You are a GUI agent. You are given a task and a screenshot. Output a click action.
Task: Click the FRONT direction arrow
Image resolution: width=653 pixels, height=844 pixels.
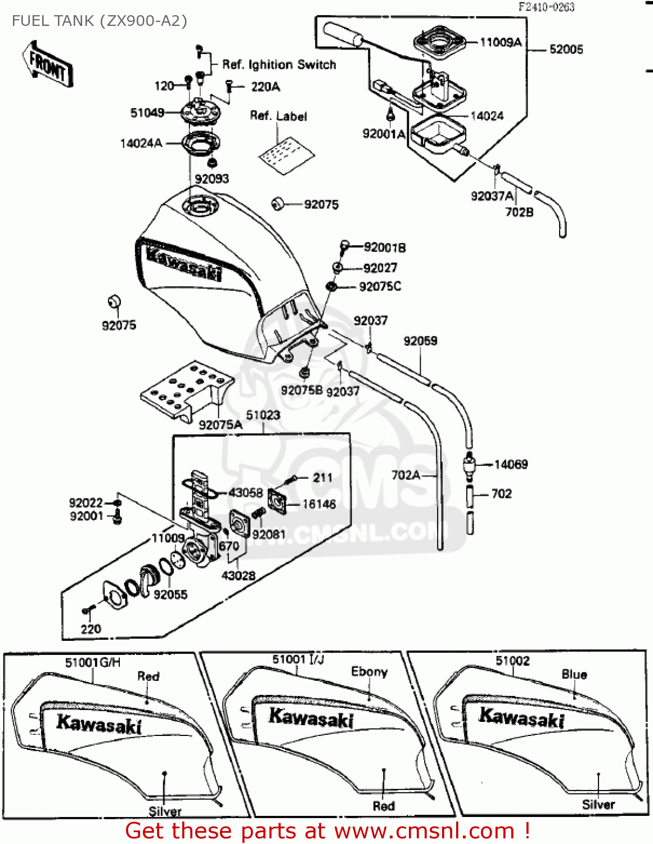pyautogui.click(x=48, y=64)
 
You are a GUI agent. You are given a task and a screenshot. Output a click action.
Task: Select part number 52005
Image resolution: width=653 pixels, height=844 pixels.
pyautogui.click(x=566, y=50)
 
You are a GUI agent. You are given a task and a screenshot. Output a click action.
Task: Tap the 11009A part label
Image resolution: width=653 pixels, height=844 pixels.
pyautogui.click(x=501, y=42)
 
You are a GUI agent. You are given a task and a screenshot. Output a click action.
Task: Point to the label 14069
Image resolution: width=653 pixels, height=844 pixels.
pyautogui.click(x=511, y=464)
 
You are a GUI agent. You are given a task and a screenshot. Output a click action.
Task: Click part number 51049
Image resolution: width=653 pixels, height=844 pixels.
pyautogui.click(x=147, y=113)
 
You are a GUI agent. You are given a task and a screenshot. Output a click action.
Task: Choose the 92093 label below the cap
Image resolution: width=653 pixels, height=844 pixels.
pyautogui.click(x=211, y=179)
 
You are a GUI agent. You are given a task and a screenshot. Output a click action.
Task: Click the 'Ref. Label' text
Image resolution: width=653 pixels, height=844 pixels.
pyautogui.click(x=278, y=116)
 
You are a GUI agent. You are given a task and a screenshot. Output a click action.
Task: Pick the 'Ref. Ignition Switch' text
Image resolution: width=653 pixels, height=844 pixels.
pyautogui.click(x=279, y=65)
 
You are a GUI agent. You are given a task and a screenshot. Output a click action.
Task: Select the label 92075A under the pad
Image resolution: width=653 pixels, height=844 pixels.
pyautogui.click(x=220, y=425)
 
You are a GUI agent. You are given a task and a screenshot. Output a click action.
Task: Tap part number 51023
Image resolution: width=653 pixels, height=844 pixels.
pyautogui.click(x=263, y=415)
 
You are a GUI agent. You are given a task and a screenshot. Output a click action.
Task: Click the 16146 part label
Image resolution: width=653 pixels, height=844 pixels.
pyautogui.click(x=319, y=504)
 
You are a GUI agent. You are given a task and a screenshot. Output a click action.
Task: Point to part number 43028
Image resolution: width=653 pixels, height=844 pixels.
pyautogui.click(x=238, y=576)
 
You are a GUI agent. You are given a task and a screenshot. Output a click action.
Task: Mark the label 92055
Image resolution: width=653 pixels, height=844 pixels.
pyautogui.click(x=170, y=594)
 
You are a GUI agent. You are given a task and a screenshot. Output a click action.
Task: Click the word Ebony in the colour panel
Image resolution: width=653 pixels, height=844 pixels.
pyautogui.click(x=369, y=671)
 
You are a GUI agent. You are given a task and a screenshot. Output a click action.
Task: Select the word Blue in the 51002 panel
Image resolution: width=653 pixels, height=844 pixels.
pyautogui.click(x=574, y=674)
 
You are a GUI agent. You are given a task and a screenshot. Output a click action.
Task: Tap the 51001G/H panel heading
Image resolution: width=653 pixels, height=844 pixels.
pyautogui.click(x=93, y=662)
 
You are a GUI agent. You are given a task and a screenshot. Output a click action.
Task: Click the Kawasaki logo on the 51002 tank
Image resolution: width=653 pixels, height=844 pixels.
pyautogui.click(x=521, y=718)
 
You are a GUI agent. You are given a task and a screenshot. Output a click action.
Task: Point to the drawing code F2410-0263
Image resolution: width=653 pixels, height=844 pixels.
pyautogui.click(x=546, y=7)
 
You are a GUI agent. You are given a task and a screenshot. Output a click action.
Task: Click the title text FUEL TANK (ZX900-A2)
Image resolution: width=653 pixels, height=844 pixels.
pyautogui.click(x=100, y=21)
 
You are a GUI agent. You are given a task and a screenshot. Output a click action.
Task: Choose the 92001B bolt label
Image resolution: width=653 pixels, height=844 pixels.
pyautogui.click(x=385, y=248)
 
